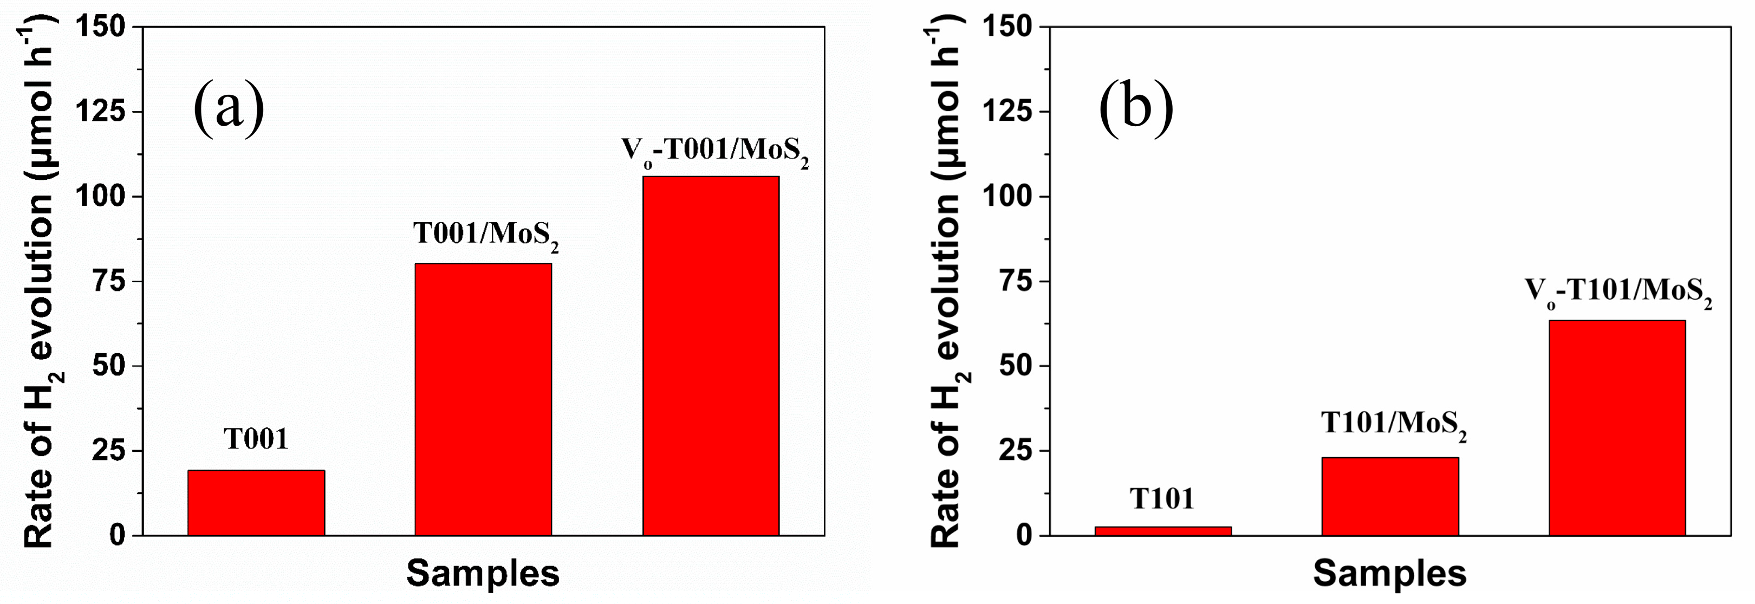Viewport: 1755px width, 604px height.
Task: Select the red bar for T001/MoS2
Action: click(x=483, y=399)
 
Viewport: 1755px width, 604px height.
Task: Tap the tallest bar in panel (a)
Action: click(x=711, y=355)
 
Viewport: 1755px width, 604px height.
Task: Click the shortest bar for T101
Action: click(x=1163, y=530)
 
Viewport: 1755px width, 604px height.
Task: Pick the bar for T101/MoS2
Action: click(x=1390, y=496)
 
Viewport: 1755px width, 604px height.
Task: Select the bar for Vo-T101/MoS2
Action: click(x=1617, y=427)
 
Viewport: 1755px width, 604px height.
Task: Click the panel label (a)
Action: click(x=229, y=107)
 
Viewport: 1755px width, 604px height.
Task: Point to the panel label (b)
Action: click(x=1136, y=107)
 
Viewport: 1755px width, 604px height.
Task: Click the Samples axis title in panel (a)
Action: click(x=483, y=573)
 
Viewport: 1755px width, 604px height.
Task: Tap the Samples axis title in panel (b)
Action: click(x=1390, y=573)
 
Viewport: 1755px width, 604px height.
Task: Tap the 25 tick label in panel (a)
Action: click(x=109, y=451)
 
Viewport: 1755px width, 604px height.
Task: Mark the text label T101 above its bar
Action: click(x=1162, y=499)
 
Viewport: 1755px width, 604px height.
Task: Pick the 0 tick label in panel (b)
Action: click(x=1024, y=536)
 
